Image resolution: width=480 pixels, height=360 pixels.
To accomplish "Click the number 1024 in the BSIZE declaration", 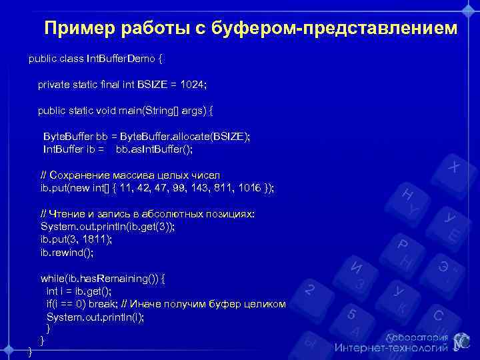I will point(193,85).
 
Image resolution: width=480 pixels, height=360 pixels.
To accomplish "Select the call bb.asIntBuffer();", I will point(154,149).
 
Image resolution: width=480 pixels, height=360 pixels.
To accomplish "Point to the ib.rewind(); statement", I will point(67,253).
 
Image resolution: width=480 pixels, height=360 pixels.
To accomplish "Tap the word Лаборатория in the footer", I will point(415,336).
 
